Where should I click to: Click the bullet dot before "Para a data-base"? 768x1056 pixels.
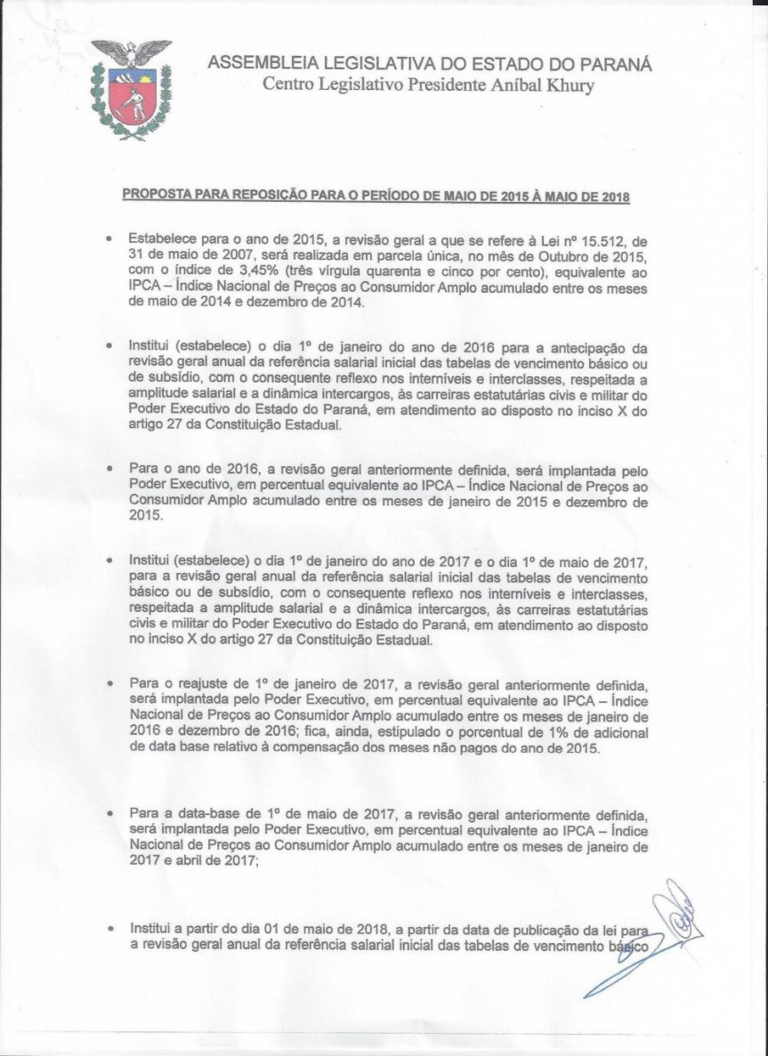coord(109,814)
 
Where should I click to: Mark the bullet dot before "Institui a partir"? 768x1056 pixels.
coord(109,927)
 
